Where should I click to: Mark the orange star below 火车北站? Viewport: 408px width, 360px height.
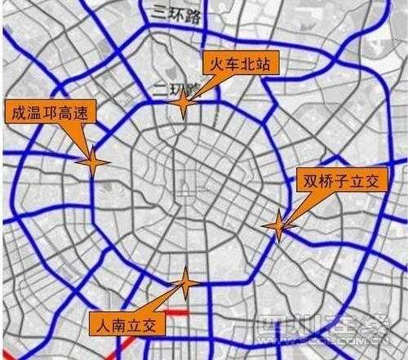pyautogui.click(x=184, y=104)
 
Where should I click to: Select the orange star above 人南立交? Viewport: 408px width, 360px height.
pyautogui.click(x=185, y=283)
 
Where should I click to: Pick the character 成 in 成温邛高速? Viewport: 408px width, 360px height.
pyautogui.click(x=14, y=114)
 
